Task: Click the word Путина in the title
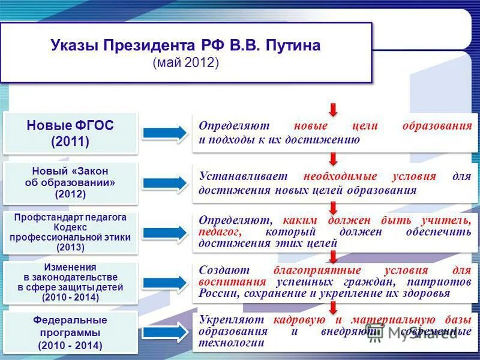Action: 291,46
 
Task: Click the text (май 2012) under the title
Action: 186,62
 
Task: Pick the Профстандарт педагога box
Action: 70,232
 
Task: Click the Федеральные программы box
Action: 70,332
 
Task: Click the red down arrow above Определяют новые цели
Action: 333,109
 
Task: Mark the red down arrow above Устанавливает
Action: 333,159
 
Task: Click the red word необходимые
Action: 340,176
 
